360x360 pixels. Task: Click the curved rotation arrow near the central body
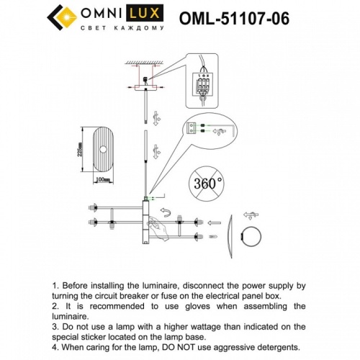tap(165, 212)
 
